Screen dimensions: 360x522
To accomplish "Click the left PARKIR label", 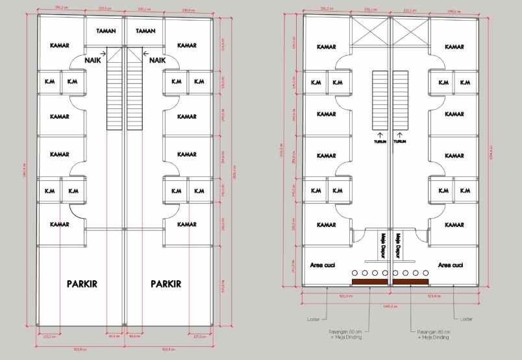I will point(82,284).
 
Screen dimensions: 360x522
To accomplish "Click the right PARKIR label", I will point(166,284).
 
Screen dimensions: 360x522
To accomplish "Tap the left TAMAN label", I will point(106,31).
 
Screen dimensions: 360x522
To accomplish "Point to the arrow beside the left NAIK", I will point(103,54).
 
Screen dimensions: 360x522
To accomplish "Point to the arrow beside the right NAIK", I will point(146,54).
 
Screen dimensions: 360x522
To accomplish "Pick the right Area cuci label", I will point(451,265).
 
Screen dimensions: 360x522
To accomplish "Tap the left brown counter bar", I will point(370,282).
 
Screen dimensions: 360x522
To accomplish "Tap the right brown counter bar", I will point(410,282).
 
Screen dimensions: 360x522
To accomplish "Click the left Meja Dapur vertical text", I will point(383,246).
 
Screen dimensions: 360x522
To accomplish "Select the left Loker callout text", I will point(312,319).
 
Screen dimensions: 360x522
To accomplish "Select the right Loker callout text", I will point(466,319).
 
